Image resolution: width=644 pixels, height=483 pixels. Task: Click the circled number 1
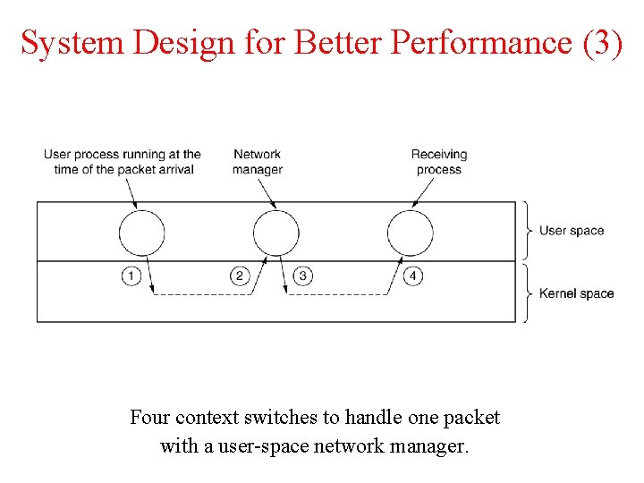pos(131,275)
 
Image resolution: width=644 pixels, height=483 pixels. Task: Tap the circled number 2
pos(239,275)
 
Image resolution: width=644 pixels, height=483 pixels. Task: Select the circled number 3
pos(303,275)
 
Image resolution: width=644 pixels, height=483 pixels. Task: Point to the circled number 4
pos(412,275)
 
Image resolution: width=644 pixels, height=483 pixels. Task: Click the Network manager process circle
pos(275,234)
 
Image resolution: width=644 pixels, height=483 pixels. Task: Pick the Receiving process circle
pos(410,234)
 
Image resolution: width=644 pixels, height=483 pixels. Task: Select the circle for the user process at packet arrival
pos(141,234)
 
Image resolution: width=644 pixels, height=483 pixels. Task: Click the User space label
pos(572,231)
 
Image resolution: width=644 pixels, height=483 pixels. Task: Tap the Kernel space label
pos(576,293)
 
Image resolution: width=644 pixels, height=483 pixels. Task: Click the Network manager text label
pos(258,162)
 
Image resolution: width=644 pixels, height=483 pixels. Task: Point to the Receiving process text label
pos(439,162)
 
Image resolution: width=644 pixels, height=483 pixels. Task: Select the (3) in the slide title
pos(602,42)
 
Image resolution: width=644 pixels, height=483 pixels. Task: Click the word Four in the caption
pos(150,418)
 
